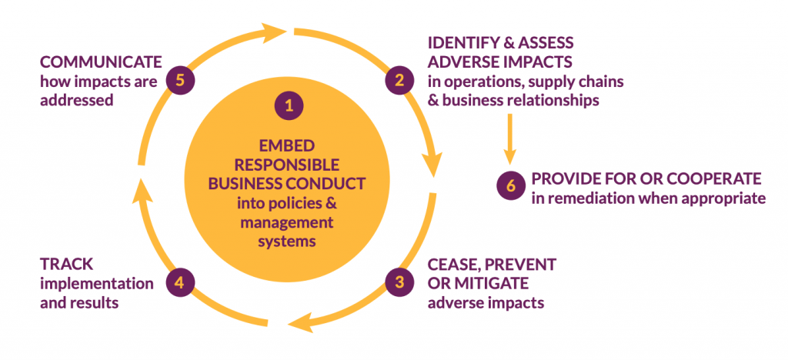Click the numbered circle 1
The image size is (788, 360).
pyautogui.click(x=289, y=106)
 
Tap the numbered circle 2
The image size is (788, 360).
pyautogui.click(x=399, y=79)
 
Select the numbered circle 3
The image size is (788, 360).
pyautogui.click(x=399, y=282)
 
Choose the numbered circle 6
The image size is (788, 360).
pyautogui.click(x=509, y=187)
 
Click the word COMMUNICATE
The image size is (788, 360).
pyautogui.click(x=101, y=62)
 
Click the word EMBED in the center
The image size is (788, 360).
pyautogui.click(x=289, y=146)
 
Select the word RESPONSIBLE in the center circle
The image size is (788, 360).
pyautogui.click(x=289, y=165)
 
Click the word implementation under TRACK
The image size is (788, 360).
pyautogui.click(x=96, y=283)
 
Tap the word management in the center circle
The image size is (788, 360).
pyautogui.click(x=289, y=223)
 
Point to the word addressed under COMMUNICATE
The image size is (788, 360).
pyautogui.click(x=77, y=100)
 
